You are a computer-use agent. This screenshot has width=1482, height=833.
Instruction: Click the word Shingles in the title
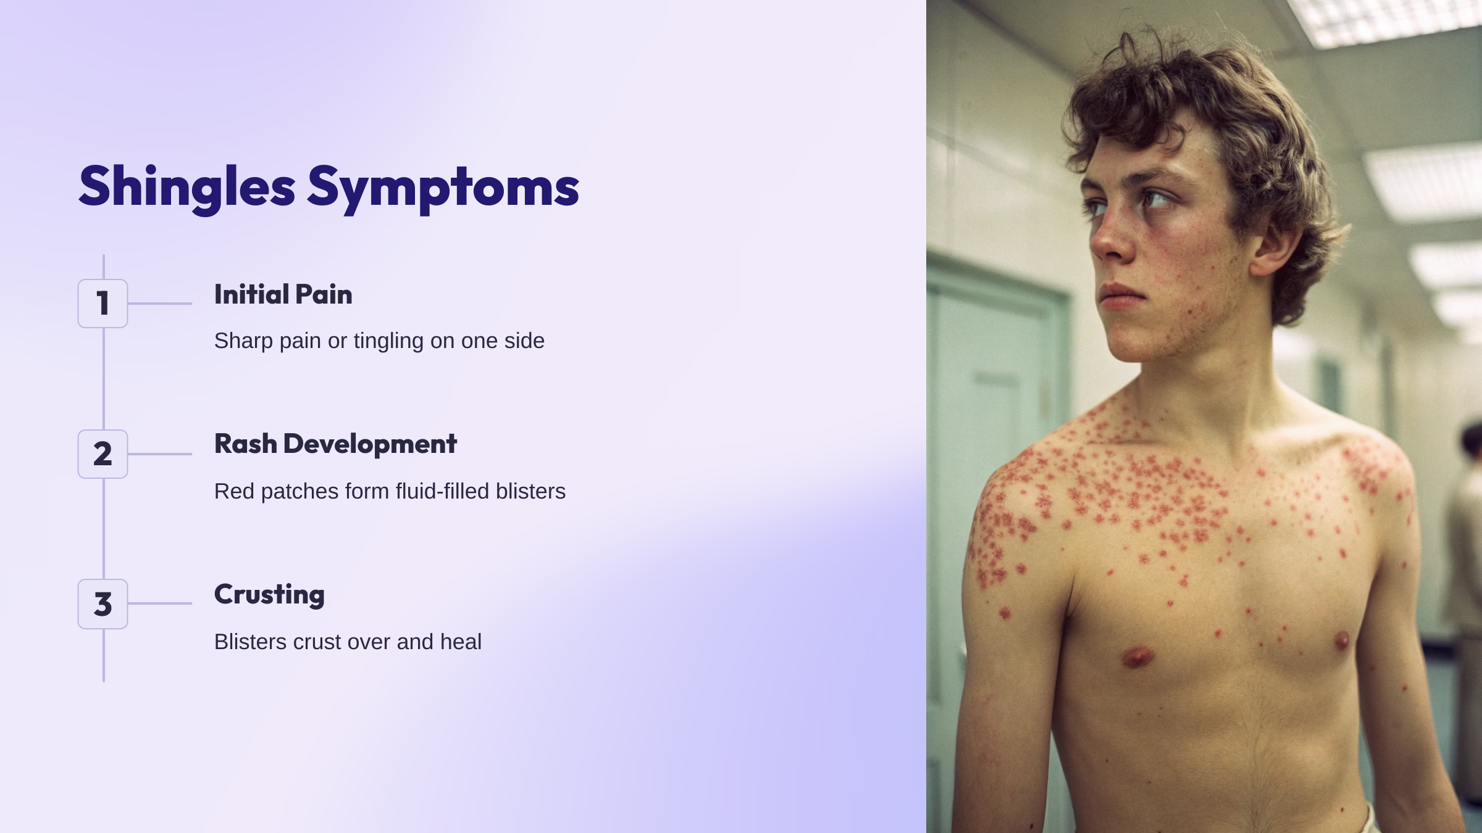tap(187, 186)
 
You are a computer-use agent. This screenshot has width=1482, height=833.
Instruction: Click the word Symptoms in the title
tap(443, 186)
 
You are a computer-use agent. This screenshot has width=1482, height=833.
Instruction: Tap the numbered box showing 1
tap(103, 304)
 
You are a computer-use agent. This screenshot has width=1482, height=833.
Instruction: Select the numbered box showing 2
tap(103, 454)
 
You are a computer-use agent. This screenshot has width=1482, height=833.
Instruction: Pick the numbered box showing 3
tap(103, 604)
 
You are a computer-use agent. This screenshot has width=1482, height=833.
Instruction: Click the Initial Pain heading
tap(283, 294)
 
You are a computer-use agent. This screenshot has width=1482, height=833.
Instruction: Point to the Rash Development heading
tap(335, 444)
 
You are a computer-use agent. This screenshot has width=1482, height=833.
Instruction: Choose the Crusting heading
tap(269, 594)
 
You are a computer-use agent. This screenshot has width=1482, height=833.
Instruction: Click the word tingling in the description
tap(388, 341)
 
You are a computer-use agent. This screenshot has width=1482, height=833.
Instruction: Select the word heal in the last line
tap(461, 642)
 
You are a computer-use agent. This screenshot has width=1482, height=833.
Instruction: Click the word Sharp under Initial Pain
tap(243, 341)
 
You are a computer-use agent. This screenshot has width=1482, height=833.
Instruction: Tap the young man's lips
tap(1121, 296)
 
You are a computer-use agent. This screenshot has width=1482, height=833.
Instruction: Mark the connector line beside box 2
tap(159, 454)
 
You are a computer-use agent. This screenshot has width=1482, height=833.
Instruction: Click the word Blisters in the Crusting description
tap(251, 642)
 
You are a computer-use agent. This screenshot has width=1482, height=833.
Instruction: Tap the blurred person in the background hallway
tap(1467, 555)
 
